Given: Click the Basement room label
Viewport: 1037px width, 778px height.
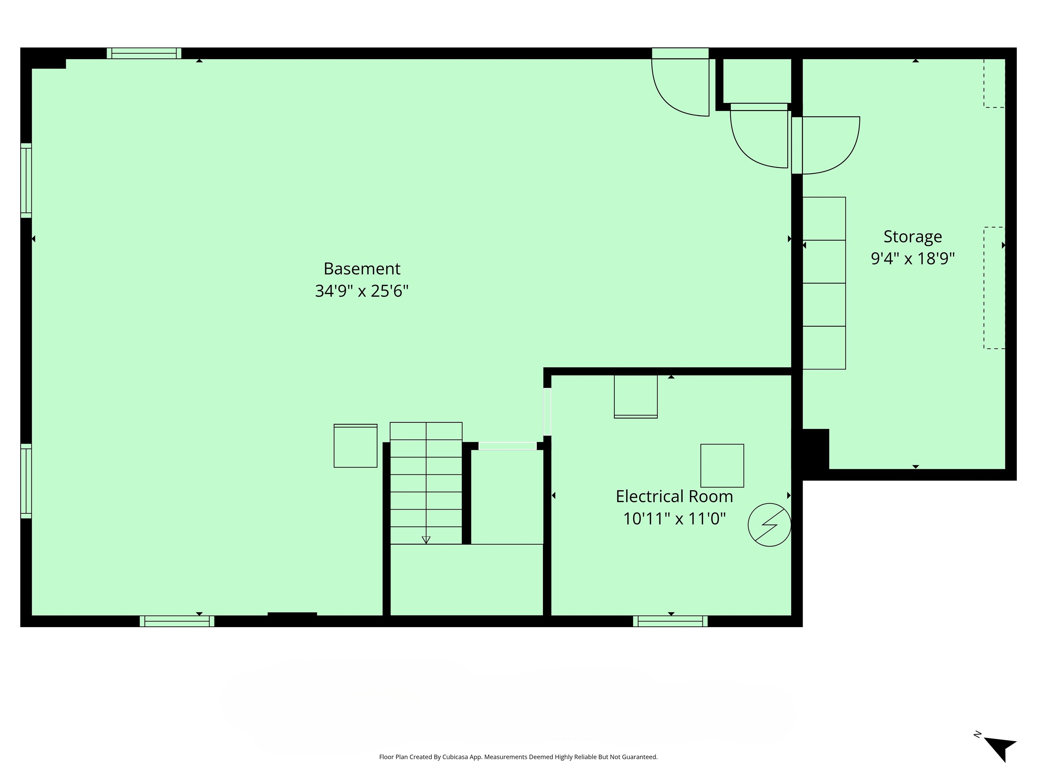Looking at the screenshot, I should (x=362, y=269).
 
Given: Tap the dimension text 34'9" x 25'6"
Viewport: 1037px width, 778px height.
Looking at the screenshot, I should (x=362, y=291).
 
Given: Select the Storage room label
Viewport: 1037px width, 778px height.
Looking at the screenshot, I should (x=912, y=236).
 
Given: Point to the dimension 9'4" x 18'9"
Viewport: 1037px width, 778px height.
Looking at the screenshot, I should (x=912, y=258).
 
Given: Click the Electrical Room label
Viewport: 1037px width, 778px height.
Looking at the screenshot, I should (x=674, y=496).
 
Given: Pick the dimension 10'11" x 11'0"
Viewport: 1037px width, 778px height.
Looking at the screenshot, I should (x=674, y=519).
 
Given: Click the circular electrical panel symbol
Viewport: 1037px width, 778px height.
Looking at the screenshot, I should (x=769, y=525).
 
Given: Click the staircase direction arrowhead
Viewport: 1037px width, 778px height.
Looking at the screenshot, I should (x=426, y=540).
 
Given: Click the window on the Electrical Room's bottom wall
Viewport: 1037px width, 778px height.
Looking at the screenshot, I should (x=670, y=621).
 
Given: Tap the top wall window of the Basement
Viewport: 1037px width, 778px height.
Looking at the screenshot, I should (x=144, y=53).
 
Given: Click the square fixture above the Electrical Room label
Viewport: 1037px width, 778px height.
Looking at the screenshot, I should (x=722, y=465).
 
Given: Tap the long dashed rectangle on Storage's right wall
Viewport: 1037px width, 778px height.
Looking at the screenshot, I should (x=994, y=288).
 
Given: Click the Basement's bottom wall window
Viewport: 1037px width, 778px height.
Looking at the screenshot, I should (x=177, y=621).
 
